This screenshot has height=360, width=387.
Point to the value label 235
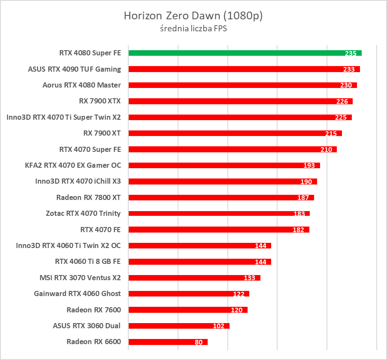351,53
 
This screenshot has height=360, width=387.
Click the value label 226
342,101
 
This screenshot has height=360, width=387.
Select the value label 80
199,342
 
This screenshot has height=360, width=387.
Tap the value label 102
218,326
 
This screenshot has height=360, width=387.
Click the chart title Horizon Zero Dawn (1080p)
193,16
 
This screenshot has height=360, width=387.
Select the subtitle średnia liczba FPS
193,29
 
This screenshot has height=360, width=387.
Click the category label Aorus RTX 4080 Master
82,85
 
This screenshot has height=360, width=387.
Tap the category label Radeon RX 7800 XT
88,197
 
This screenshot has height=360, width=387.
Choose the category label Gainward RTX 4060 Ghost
77,293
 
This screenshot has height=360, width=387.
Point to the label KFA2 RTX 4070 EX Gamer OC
73,165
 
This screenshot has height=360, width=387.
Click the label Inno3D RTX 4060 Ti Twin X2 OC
68,245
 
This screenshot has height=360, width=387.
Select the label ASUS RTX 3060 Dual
87,326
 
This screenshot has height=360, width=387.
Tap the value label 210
326,149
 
